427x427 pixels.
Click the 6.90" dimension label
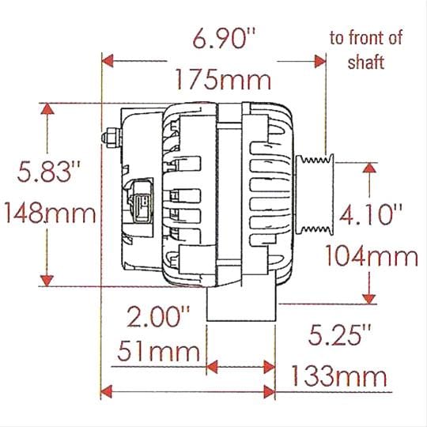pyautogui.click(x=225, y=39)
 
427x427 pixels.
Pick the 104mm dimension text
pyautogui.click(x=371, y=255)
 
